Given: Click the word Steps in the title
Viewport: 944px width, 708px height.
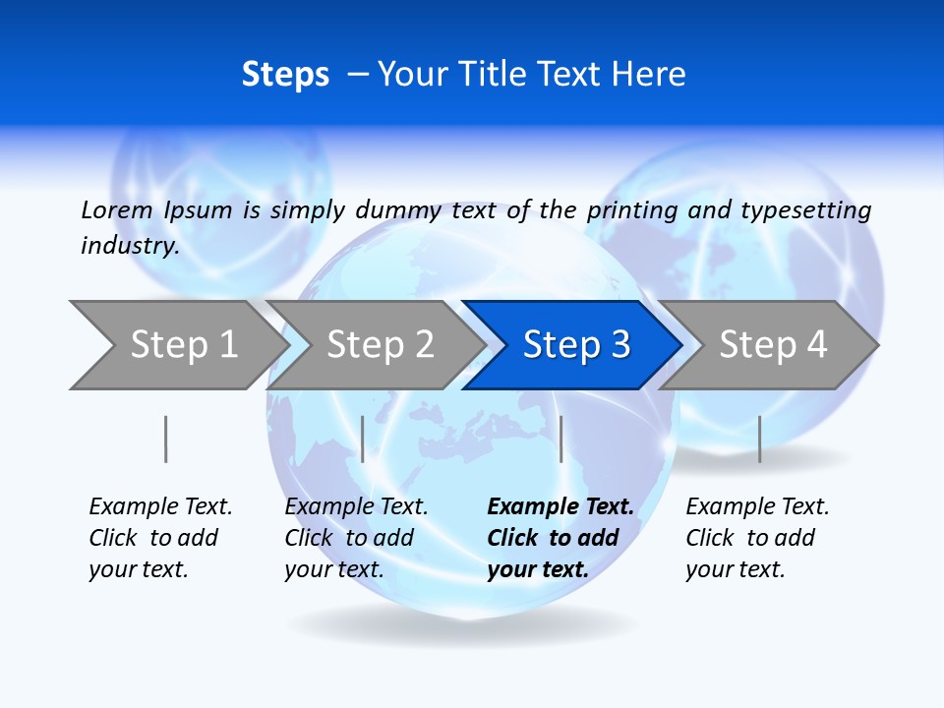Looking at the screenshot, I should coord(285,75).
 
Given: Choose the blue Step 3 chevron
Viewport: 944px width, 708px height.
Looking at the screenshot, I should coord(576,345).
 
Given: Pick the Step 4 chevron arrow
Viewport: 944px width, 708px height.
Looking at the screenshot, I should coord(773,345).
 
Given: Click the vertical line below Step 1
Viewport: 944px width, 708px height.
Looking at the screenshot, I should coord(165,439).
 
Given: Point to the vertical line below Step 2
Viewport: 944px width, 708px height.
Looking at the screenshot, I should coord(363,439).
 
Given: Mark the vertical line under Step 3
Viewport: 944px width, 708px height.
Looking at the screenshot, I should coord(560,439).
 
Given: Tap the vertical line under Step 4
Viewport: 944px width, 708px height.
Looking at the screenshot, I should coord(759,439).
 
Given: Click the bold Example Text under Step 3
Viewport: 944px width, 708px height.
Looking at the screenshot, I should coord(560,538).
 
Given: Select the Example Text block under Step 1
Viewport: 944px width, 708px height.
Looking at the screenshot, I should coord(160,538).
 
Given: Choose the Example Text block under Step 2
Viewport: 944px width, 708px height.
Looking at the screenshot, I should coord(356,538).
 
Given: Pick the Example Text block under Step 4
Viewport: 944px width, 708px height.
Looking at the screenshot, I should coord(757,538).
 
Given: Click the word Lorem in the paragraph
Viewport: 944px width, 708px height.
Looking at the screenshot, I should coord(116,209).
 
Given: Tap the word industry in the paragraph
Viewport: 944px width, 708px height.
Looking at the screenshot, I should coord(130,246).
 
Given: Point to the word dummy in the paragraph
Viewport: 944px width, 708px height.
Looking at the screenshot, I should coord(398,210).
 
